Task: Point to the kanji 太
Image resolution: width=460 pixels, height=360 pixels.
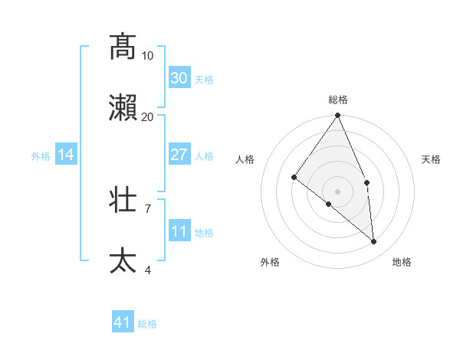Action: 123,260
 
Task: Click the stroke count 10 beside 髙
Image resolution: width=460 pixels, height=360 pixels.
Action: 147,56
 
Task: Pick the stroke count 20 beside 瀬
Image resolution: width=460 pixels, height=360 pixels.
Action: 147,116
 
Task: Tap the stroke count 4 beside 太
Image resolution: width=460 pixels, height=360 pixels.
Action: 148,270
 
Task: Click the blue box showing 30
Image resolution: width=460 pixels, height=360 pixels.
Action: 179,78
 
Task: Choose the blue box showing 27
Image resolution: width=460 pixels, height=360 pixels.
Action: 179,155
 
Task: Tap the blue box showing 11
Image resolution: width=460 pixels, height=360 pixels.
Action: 179,231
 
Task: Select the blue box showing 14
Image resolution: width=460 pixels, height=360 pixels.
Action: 66,155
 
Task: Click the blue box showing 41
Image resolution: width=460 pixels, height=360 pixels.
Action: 123,323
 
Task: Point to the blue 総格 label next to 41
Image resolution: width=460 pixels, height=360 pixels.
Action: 147,325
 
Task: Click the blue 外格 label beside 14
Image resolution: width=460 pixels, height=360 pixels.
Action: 41,156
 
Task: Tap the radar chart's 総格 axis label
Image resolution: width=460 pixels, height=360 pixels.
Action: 338,100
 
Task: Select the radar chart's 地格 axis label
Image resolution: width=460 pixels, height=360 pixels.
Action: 402,263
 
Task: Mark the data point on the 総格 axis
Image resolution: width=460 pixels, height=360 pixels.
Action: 338,116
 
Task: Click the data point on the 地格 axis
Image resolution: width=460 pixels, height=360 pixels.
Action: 374,241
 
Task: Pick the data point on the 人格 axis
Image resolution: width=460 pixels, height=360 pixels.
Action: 294,177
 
